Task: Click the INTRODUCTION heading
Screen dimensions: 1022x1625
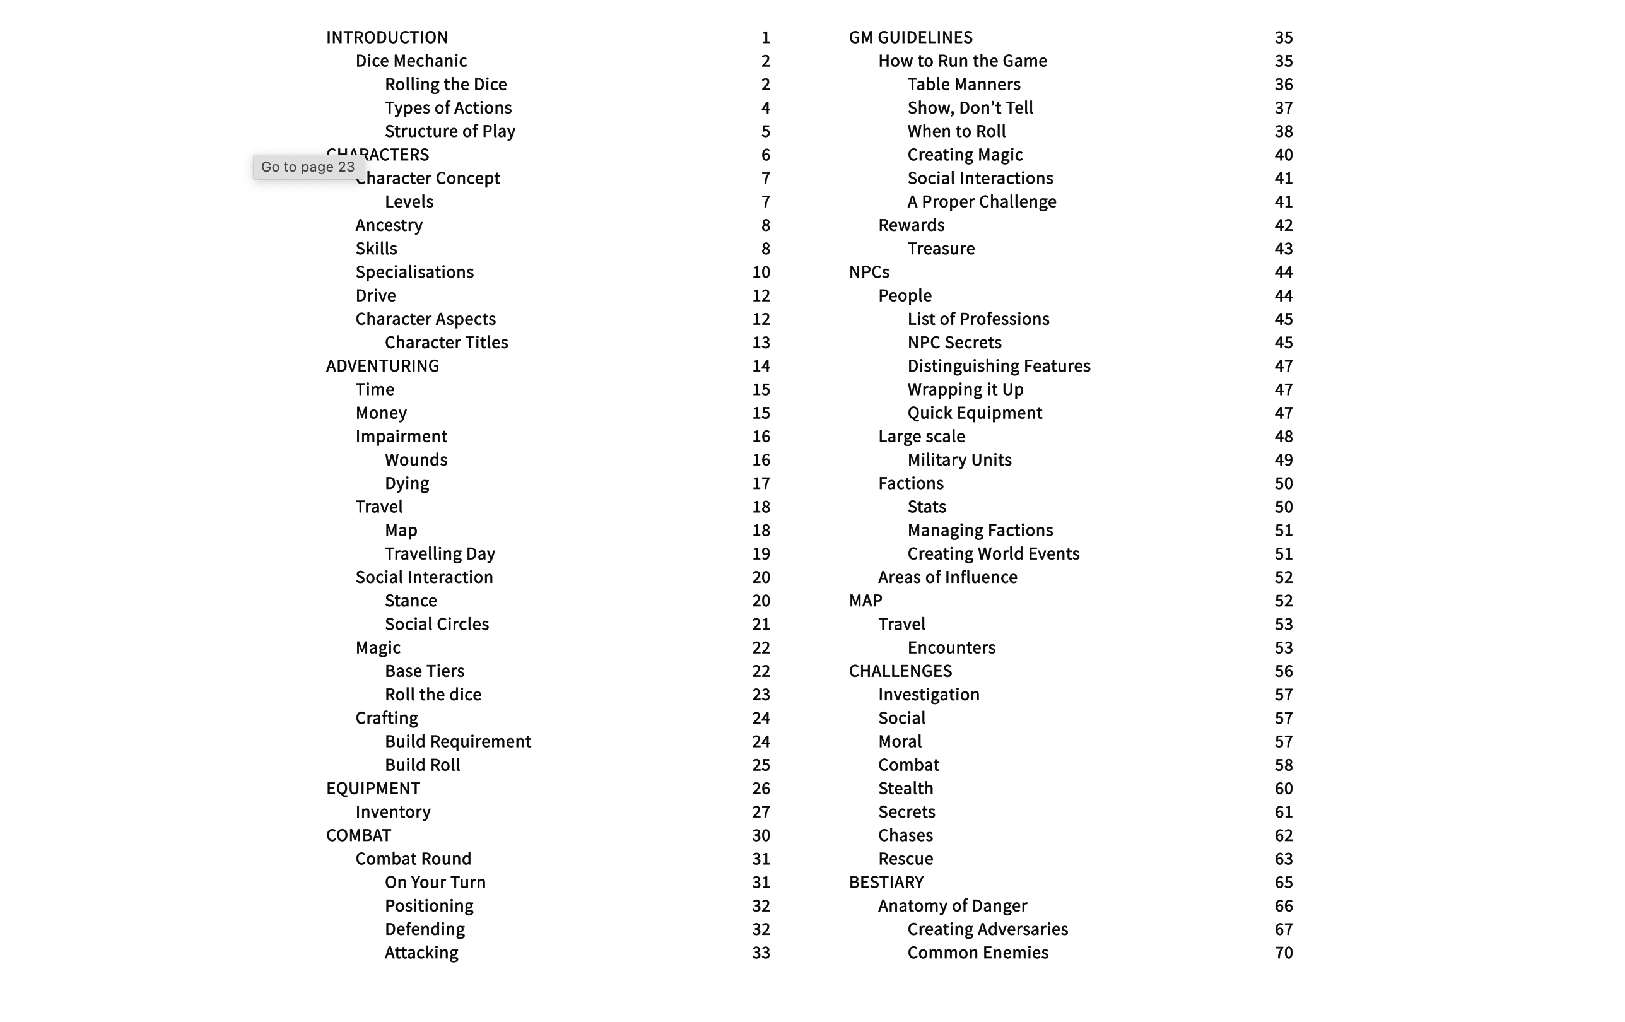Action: click(387, 37)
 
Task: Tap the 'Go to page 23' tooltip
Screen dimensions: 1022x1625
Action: click(308, 167)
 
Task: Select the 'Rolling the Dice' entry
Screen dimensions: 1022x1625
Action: click(445, 85)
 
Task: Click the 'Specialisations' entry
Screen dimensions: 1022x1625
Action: click(414, 272)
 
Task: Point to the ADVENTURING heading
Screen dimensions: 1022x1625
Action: click(382, 366)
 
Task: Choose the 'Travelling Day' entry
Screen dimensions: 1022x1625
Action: click(439, 553)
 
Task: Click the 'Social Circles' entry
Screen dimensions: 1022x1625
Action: click(437, 624)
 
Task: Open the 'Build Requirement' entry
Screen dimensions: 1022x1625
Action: click(457, 741)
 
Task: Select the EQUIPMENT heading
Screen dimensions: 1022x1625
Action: click(373, 789)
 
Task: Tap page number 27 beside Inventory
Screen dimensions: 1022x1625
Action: click(761, 812)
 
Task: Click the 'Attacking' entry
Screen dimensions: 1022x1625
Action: click(421, 953)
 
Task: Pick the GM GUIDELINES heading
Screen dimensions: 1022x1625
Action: click(910, 37)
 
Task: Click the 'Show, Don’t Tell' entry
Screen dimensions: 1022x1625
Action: click(970, 108)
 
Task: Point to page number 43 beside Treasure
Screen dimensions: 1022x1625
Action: click(1283, 249)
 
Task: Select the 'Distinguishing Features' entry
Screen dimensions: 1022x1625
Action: click(998, 366)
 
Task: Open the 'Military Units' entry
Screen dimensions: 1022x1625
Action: click(959, 460)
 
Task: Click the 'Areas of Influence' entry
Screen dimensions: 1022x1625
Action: click(947, 577)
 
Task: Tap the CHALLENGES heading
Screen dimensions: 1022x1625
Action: click(900, 671)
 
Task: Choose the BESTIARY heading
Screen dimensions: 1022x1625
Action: click(886, 883)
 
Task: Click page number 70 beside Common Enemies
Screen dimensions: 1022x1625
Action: click(1283, 953)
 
